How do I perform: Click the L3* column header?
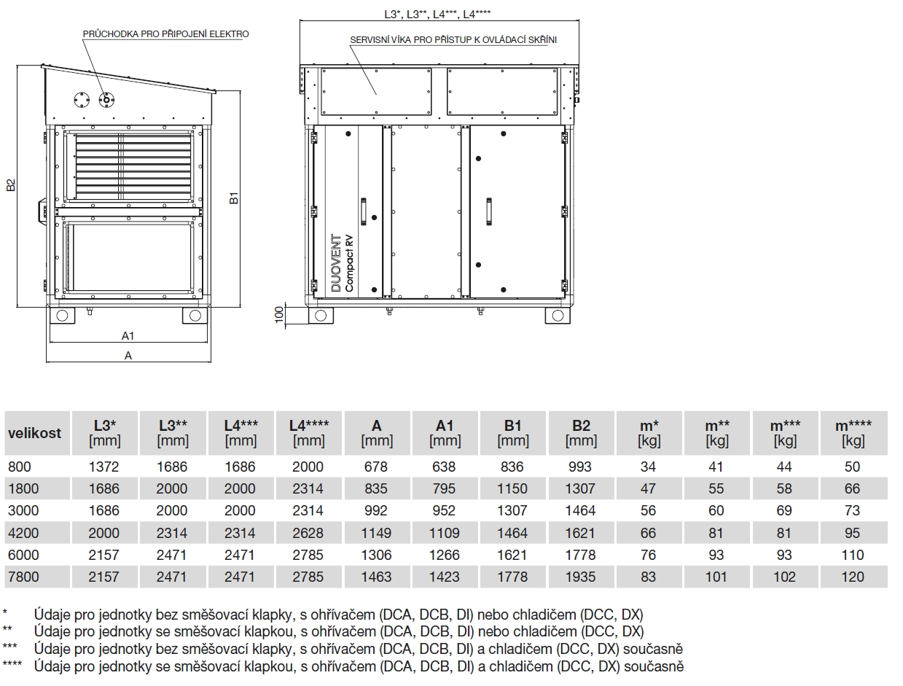[104, 432]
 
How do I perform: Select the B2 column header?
[581, 432]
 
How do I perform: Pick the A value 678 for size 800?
[376, 467]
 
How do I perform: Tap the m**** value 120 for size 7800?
[852, 577]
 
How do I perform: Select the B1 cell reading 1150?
[512, 488]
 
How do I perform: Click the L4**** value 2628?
[308, 533]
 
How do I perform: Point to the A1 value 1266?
[444, 555]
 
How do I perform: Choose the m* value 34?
[648, 467]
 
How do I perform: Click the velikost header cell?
[35, 432]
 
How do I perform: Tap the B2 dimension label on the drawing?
[11, 186]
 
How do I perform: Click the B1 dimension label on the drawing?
[235, 198]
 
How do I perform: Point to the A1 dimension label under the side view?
[128, 335]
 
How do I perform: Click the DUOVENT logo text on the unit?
[336, 263]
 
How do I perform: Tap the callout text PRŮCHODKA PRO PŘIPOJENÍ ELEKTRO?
[165, 34]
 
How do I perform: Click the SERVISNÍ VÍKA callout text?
[453, 40]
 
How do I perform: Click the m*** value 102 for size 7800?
[784, 577]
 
